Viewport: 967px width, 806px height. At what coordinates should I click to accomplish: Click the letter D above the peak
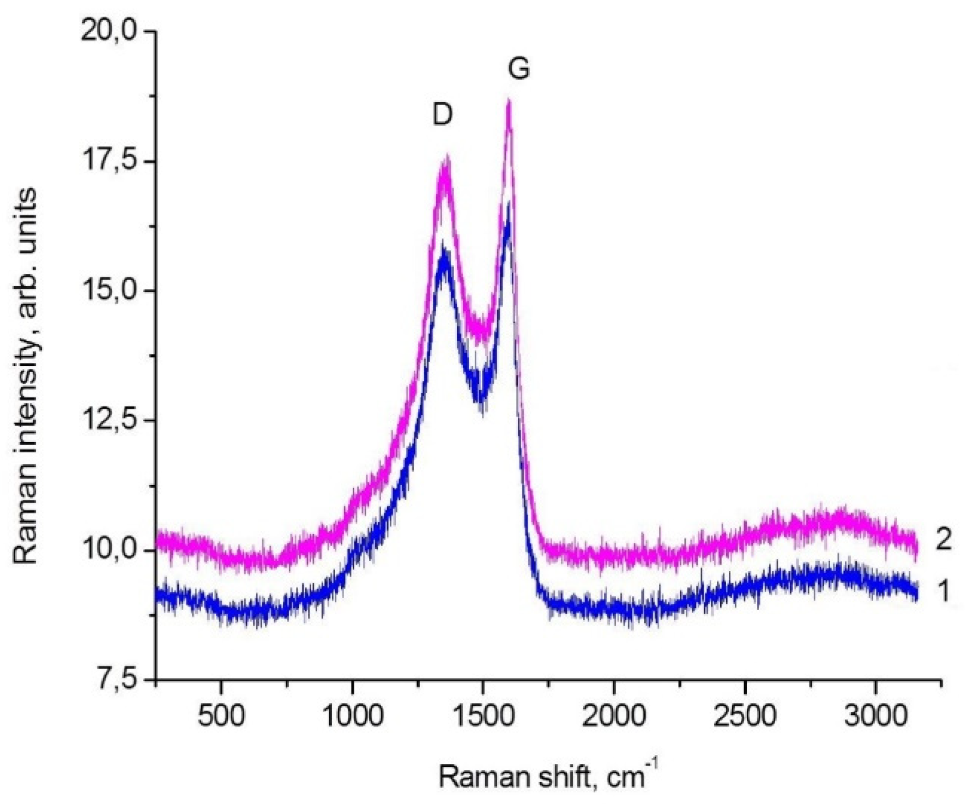[443, 115]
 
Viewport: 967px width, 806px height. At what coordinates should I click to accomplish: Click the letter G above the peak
[518, 69]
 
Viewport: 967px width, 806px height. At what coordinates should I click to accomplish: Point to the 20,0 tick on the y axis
[107, 31]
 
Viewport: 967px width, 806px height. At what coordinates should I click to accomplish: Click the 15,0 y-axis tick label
[107, 290]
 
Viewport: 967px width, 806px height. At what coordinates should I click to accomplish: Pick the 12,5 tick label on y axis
[107, 420]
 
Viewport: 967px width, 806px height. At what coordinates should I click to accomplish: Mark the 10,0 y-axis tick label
[107, 550]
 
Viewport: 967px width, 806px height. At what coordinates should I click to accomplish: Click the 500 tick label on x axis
[221, 716]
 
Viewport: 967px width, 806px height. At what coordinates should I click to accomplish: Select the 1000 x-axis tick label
[352, 716]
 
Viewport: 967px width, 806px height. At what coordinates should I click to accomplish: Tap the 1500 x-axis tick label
[483, 716]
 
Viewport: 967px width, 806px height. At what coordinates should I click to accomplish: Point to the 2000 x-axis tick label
[614, 716]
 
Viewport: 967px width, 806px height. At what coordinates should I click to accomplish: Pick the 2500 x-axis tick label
[745, 716]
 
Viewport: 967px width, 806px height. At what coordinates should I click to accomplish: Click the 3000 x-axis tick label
[875, 716]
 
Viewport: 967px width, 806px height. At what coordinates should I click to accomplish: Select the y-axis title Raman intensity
[26, 376]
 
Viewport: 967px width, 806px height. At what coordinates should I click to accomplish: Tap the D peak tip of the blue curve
[444, 244]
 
